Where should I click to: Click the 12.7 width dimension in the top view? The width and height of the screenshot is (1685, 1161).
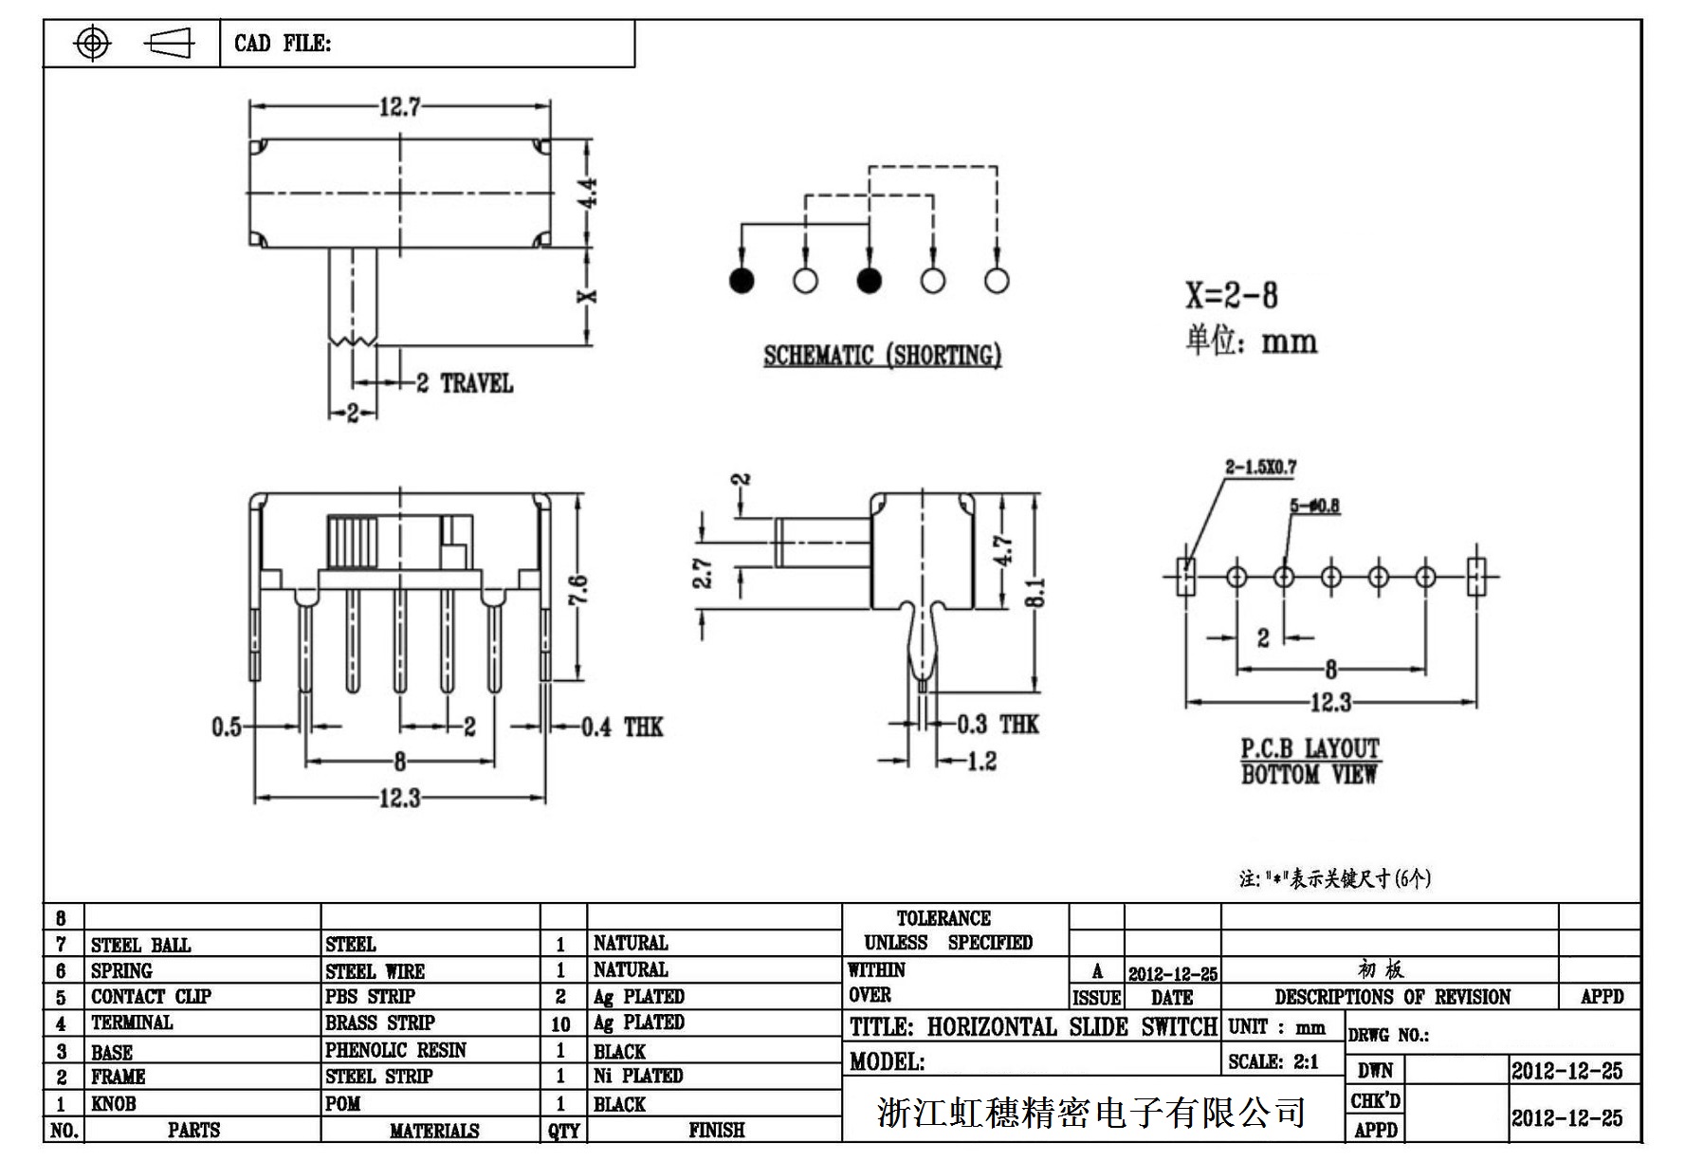399,106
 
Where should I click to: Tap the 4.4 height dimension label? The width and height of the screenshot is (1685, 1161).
588,193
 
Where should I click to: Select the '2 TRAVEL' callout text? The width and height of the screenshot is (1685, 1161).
465,383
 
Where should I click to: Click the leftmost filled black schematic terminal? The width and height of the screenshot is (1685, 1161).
742,281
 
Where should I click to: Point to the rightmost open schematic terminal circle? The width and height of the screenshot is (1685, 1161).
997,281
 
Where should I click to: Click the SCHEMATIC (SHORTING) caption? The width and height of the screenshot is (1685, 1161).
882,356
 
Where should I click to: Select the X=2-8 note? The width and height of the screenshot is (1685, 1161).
1231,296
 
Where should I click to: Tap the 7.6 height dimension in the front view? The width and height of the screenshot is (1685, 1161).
579,590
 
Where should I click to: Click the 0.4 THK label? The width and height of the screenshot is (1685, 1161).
621,728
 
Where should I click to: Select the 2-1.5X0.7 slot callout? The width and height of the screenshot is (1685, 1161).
1260,467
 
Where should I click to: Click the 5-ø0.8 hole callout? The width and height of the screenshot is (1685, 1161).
1314,506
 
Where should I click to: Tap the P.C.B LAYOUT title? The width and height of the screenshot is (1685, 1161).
1310,748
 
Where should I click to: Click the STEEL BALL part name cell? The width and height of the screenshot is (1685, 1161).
141,945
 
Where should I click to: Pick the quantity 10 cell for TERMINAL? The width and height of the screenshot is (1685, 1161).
561,1023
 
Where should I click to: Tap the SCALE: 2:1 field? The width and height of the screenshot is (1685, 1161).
1273,1061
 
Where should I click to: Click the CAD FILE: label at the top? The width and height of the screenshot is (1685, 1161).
283,44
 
